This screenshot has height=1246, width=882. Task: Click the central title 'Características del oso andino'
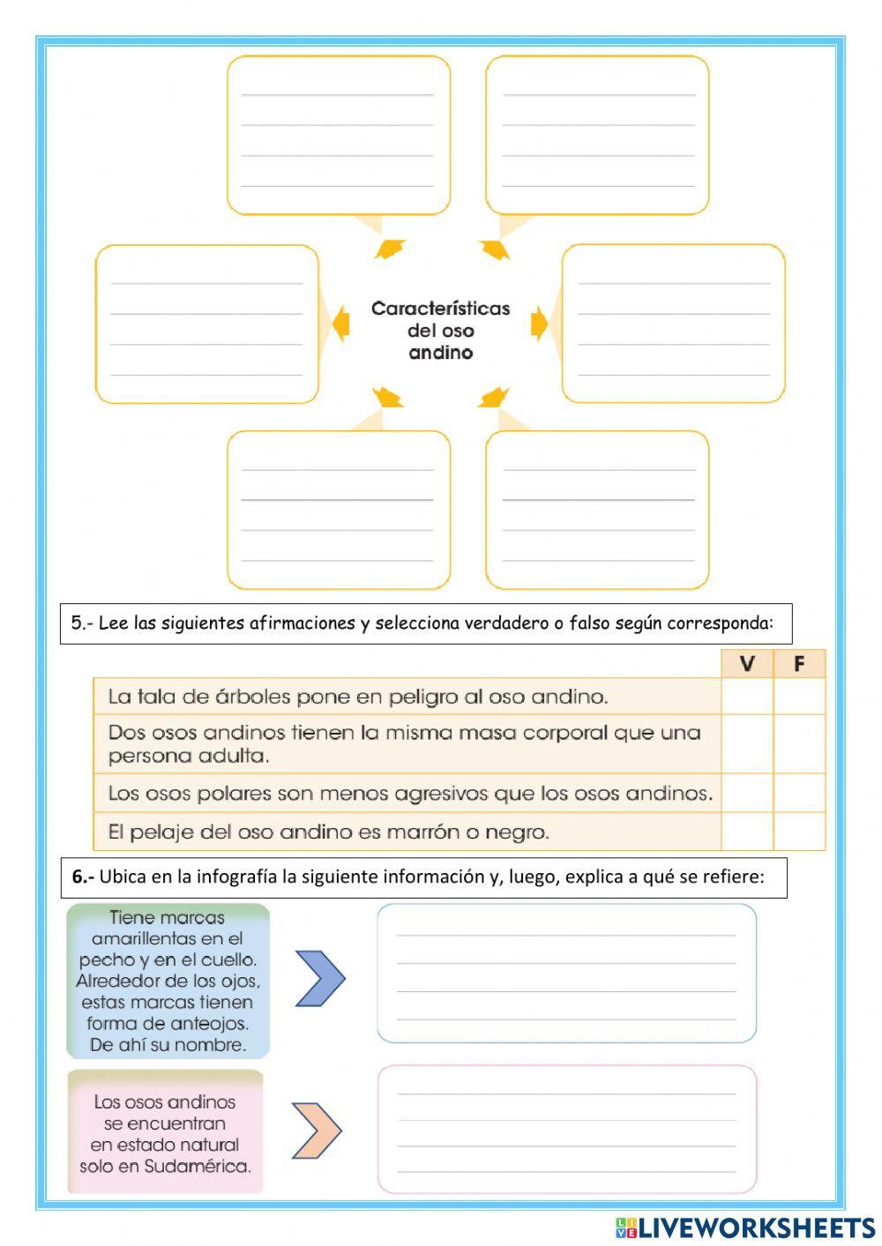[440, 330]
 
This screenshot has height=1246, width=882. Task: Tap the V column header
[746, 663]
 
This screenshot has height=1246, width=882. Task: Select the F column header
[799, 663]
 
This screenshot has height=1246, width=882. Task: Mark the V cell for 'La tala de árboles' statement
[746, 696]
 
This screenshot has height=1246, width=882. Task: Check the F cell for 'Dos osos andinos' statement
[799, 743]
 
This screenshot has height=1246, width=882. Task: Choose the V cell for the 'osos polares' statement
[746, 792]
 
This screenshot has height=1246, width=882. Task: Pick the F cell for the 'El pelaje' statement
[799, 831]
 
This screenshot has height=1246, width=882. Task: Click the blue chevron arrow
[319, 978]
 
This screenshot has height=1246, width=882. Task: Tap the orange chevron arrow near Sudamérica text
[316, 1130]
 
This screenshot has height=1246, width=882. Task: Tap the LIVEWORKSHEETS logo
[745, 1227]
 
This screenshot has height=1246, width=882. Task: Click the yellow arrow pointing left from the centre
[340, 325]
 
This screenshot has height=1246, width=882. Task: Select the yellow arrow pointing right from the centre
[539, 325]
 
